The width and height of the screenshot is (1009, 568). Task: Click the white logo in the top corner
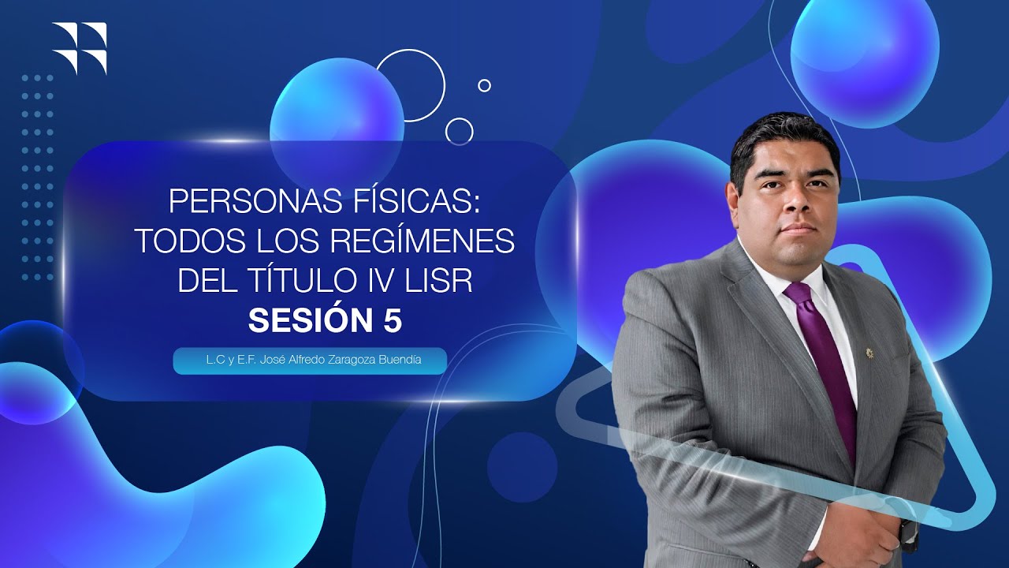tap(79, 47)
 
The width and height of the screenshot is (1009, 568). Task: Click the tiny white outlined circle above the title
tap(484, 85)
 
